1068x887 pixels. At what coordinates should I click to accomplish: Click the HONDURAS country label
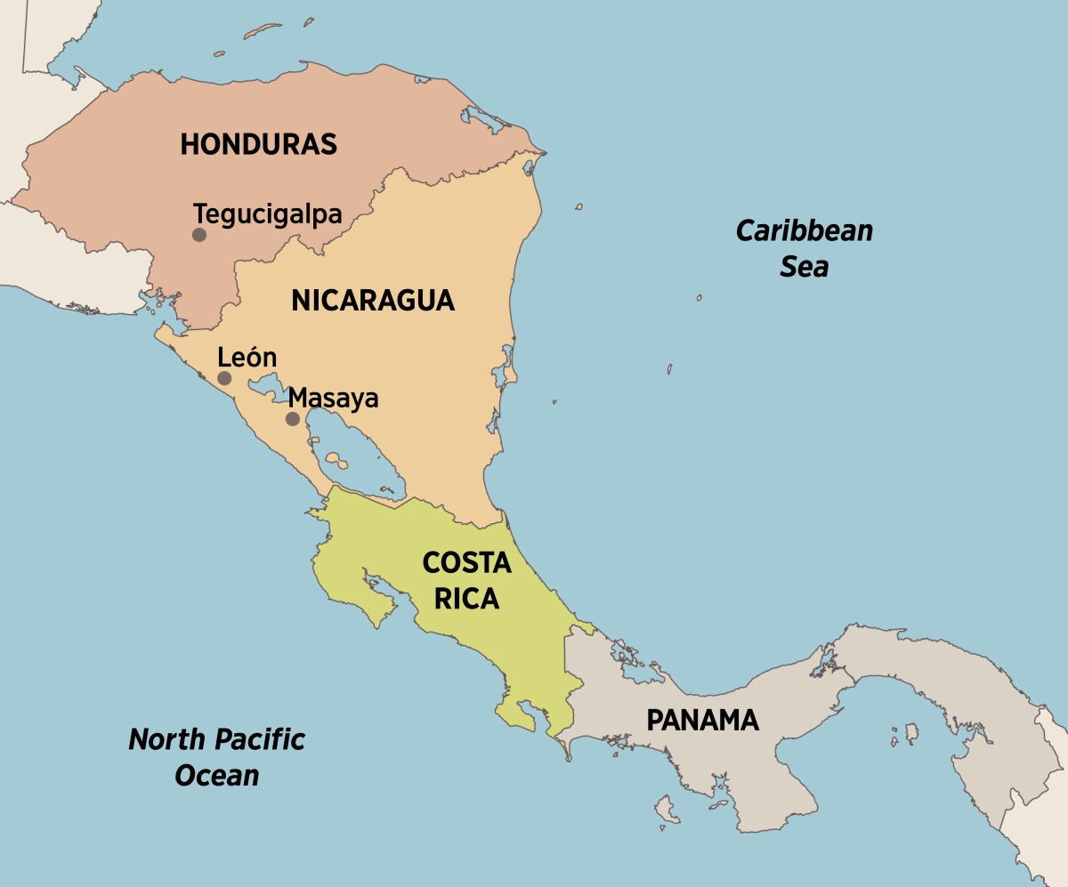pos(258,144)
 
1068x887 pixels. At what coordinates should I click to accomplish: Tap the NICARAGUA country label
pos(372,301)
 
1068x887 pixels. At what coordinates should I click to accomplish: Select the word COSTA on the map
pos(466,563)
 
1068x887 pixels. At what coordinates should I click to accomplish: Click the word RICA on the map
pos(466,600)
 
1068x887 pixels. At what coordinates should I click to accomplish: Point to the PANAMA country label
pos(702,720)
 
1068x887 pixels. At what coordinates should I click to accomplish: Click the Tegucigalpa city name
pos(268,214)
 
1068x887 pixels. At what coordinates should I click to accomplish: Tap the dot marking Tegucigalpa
pos(199,235)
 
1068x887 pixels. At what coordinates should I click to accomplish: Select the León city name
pos(247,358)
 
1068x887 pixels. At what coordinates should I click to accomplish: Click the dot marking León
pos(224,378)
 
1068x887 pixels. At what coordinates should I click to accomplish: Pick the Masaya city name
pos(334,398)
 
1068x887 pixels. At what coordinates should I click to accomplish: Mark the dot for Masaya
pos(292,418)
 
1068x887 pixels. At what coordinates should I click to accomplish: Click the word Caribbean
pos(804,231)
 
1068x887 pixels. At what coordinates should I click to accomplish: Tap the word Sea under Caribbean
pos(804,267)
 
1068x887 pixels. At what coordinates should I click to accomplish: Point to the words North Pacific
pos(216,739)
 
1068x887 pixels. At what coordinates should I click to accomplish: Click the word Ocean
pos(216,775)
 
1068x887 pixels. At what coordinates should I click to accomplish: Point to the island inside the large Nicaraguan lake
pos(336,460)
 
